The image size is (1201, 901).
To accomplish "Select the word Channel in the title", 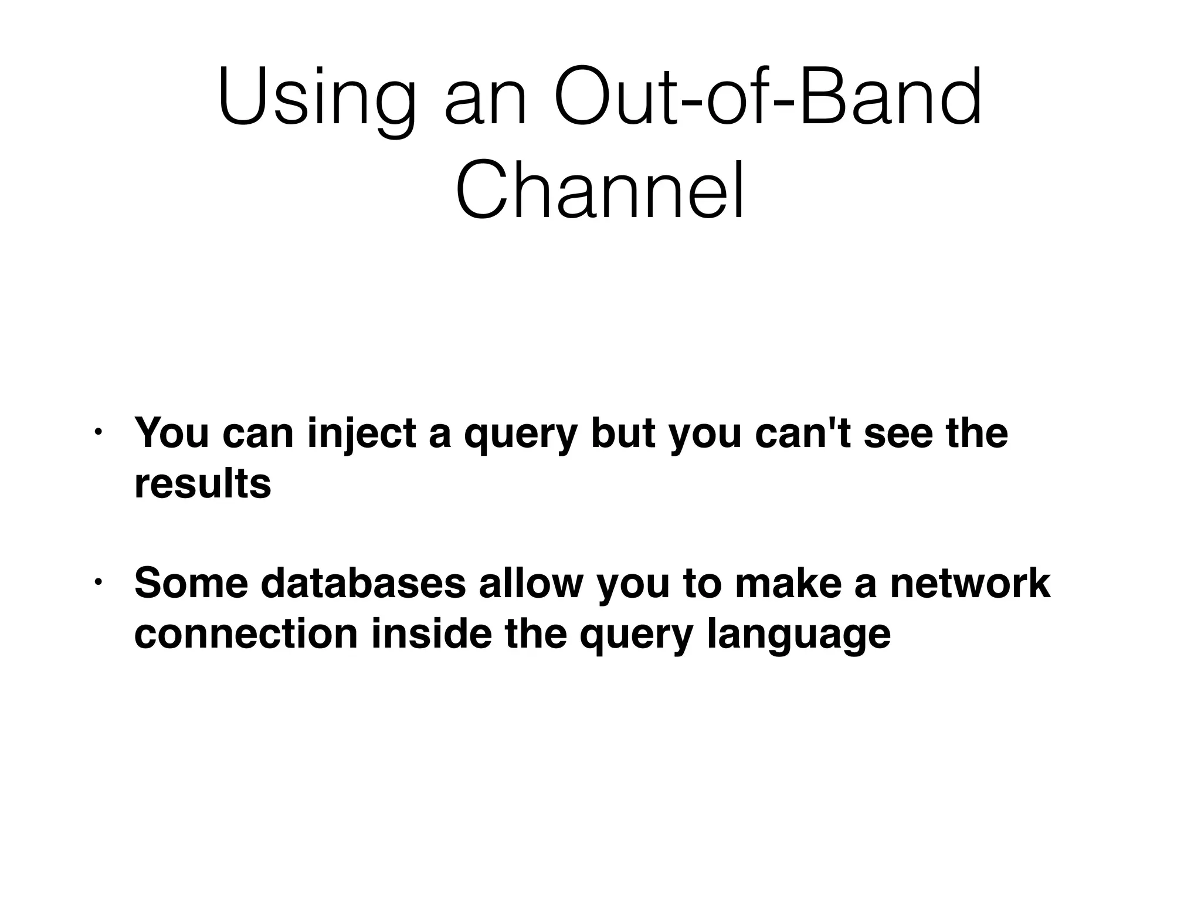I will pyautogui.click(x=600, y=191).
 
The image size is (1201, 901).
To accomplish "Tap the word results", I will pyautogui.click(x=202, y=484).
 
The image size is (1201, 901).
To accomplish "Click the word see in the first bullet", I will pyautogui.click(x=898, y=434).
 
